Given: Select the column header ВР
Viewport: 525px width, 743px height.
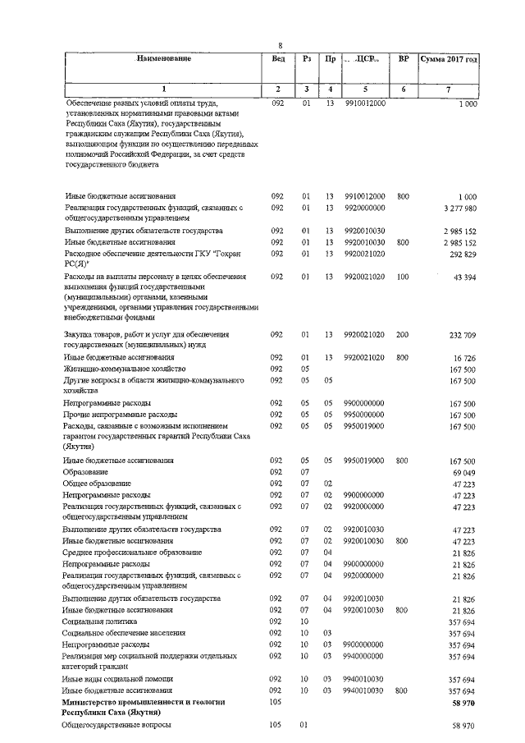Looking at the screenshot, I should [403, 59].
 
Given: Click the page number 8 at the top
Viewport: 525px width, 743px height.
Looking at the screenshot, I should [281, 45].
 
